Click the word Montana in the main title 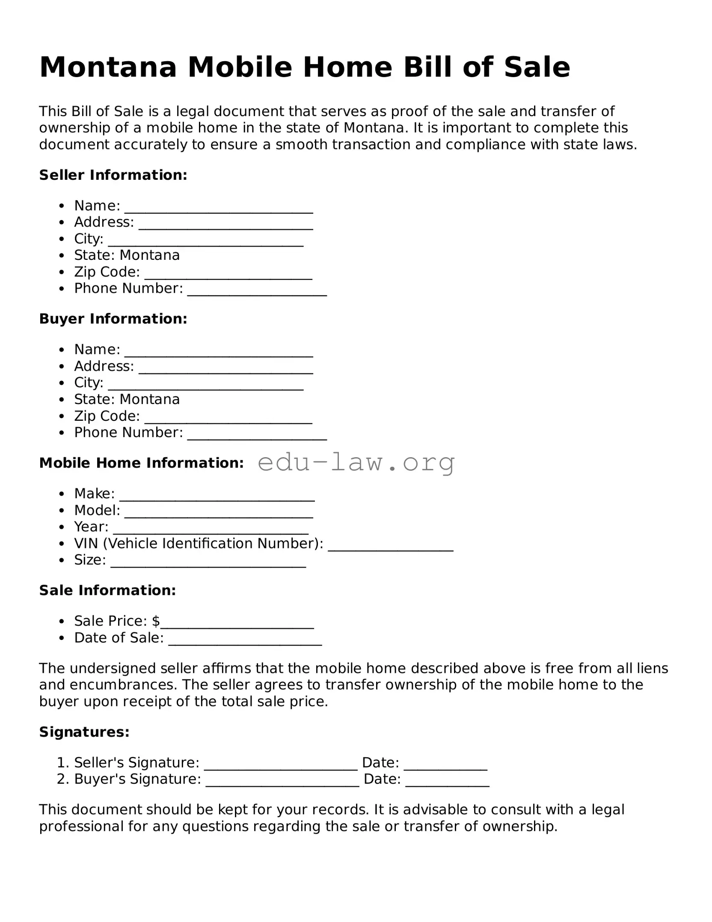[x=108, y=68]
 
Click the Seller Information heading [x=113, y=175]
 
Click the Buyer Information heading [x=113, y=319]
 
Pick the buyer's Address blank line [x=225, y=370]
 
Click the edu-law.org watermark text [x=356, y=462]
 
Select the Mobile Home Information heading [x=141, y=463]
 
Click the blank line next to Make [x=217, y=498]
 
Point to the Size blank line [x=208, y=564]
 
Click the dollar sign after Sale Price [x=156, y=621]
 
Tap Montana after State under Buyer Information [x=150, y=399]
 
